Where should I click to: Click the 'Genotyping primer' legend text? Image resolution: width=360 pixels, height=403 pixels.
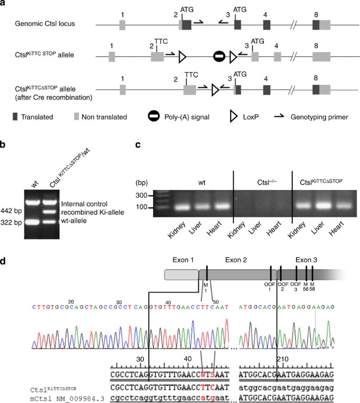[x=313, y=117]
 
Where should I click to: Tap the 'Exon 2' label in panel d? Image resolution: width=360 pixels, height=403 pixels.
[x=234, y=259]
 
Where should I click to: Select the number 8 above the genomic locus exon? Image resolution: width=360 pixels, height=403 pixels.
[x=315, y=11]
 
